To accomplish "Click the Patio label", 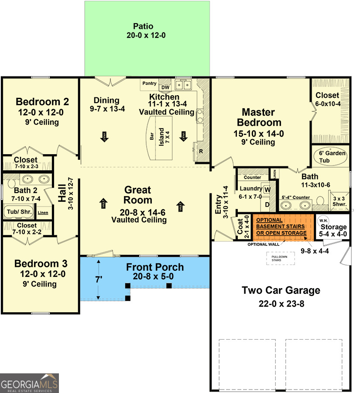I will pos(144,26).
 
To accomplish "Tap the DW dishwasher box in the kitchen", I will pos(165,86).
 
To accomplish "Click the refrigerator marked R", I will pos(201,151).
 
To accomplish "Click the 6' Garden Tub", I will pos(330,156).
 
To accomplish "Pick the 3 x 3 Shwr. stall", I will pos(339,201).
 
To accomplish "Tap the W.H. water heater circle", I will pos(323,220).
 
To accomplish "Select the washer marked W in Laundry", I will pos(267,189).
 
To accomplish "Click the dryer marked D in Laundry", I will pos(267,204).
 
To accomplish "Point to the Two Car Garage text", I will pos(281,290).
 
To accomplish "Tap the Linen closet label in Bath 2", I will pos(43,213).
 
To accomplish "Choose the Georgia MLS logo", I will pos(29,383).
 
